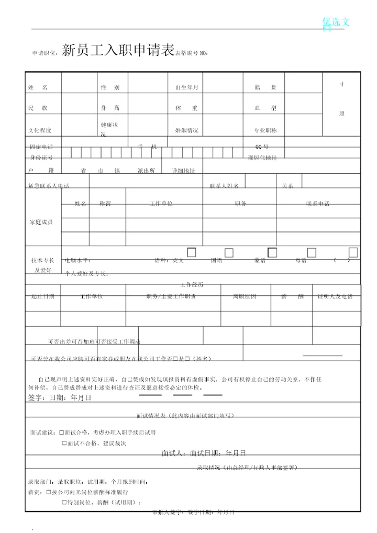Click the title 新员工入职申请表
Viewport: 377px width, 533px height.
tap(118, 50)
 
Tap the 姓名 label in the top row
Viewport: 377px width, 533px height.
tap(38, 87)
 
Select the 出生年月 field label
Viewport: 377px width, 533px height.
tap(186, 87)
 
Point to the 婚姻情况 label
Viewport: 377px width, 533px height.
tap(186, 130)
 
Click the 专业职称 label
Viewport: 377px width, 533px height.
tap(265, 130)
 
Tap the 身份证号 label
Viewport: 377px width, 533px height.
tap(41, 157)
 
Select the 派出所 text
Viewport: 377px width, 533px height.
tap(146, 171)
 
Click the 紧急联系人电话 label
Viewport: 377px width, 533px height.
tap(49, 186)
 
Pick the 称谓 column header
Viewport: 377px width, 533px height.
tap(105, 204)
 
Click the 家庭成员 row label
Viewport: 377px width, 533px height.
tap(41, 222)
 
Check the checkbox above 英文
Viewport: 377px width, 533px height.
tap(192, 253)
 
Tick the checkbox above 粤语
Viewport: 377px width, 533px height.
tap(312, 253)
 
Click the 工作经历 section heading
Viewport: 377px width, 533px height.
tap(192, 285)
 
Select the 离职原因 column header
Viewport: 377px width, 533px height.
tap(245, 297)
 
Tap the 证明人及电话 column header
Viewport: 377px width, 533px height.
tap(335, 297)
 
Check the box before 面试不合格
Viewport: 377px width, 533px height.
tap(64, 443)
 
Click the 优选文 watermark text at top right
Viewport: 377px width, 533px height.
tap(338, 22)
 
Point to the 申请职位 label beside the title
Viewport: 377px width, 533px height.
tap(45, 53)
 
